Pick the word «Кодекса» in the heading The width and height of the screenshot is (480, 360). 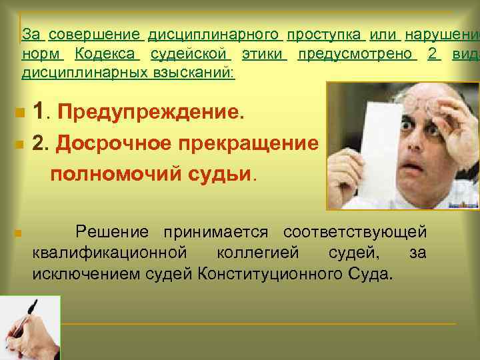(x=106, y=53)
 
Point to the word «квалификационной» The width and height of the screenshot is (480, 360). (x=107, y=253)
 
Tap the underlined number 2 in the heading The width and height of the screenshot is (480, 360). (x=433, y=53)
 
